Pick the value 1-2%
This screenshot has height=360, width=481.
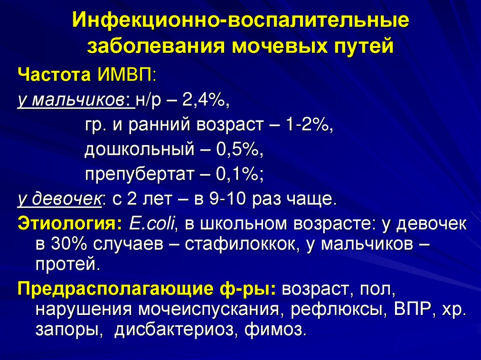(308, 125)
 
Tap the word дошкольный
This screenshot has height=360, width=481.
(139, 150)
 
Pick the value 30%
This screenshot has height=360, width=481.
(66, 245)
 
